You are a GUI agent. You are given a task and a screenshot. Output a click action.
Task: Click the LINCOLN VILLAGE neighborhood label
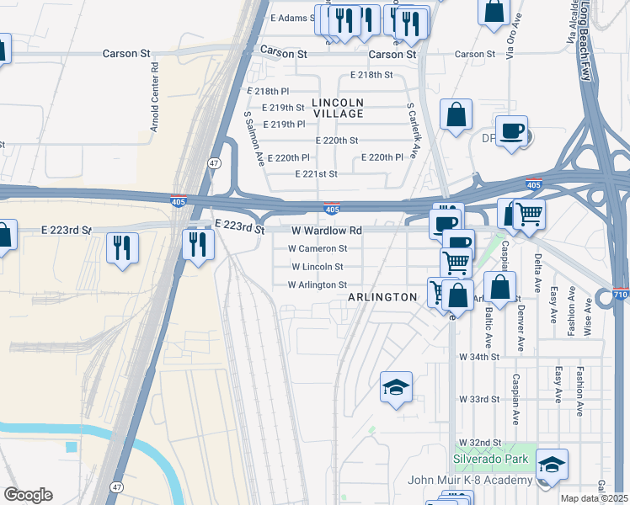pyautogui.click(x=338, y=107)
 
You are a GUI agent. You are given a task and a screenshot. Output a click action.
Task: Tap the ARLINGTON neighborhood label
pyautogui.click(x=382, y=297)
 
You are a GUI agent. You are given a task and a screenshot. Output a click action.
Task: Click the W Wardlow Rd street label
pyautogui.click(x=327, y=230)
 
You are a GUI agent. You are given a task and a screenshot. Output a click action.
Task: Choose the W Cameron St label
pyautogui.click(x=318, y=248)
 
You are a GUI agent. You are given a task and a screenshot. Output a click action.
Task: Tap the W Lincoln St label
pyautogui.click(x=317, y=266)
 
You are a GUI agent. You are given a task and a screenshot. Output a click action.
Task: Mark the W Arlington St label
pyautogui.click(x=318, y=284)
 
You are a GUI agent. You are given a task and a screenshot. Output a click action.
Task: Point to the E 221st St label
pyautogui.click(x=316, y=174)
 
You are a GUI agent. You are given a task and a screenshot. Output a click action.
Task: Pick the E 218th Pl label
pyautogui.click(x=268, y=90)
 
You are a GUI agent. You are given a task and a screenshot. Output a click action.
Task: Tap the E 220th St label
pyautogui.click(x=336, y=141)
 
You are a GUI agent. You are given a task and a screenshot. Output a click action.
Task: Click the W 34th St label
pyautogui.click(x=480, y=357)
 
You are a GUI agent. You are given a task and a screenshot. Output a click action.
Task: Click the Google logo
pyautogui.click(x=28, y=495)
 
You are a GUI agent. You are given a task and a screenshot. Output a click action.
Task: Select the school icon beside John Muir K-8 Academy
pyautogui.click(x=551, y=465)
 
